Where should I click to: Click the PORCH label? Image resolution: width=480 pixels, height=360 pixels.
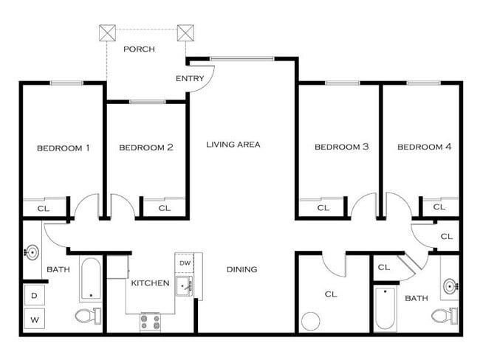click(139, 49)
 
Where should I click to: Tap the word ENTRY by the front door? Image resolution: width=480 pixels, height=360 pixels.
click(190, 78)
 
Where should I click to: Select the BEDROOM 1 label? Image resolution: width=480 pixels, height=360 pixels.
click(63, 148)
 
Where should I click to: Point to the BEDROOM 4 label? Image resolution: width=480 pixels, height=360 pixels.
click(424, 147)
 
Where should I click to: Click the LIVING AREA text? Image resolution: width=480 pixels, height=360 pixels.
click(233, 145)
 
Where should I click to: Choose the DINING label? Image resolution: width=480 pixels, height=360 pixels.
click(241, 269)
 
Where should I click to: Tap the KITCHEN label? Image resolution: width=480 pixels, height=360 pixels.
click(150, 283)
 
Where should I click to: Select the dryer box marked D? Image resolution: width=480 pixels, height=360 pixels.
click(33, 296)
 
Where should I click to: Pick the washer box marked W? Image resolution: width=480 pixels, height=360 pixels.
click(33, 320)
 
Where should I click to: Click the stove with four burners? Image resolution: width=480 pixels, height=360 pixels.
click(151, 322)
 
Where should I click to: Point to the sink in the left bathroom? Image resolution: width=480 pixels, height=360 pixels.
click(31, 253)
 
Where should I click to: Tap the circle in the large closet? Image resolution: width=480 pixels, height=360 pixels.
click(311, 323)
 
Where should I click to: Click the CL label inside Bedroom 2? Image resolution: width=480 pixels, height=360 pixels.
click(164, 208)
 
